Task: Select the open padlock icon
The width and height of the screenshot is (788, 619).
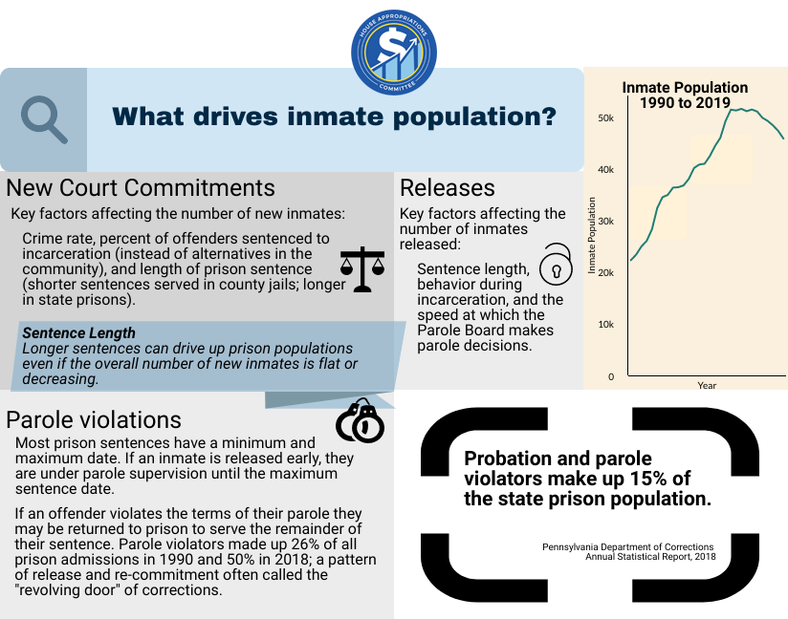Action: [554, 265]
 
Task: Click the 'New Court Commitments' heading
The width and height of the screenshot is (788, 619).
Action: [141, 187]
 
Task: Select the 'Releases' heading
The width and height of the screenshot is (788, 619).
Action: [448, 187]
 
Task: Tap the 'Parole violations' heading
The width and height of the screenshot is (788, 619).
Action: [94, 419]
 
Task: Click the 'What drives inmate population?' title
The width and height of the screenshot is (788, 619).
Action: [335, 117]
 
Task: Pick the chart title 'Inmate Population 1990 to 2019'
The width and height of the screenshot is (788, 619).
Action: [677, 95]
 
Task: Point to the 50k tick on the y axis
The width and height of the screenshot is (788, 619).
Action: [605, 117]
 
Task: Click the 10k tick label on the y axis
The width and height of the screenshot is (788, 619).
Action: [605, 325]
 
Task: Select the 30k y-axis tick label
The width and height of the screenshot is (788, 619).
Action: [605, 221]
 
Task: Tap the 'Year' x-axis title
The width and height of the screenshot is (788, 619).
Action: [707, 386]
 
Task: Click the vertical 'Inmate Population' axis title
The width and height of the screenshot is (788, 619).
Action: [592, 235]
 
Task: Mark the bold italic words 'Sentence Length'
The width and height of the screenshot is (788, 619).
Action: [78, 333]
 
